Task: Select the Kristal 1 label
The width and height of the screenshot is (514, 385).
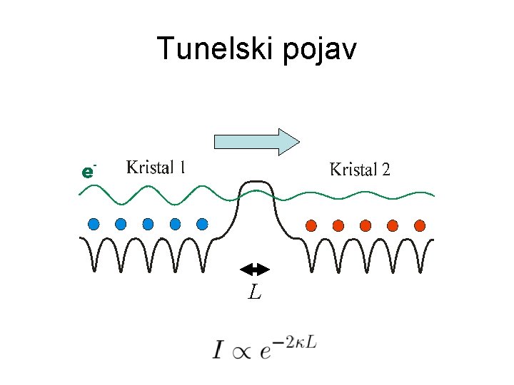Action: [x=156, y=168]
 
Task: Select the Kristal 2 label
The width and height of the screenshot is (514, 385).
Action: [x=359, y=170]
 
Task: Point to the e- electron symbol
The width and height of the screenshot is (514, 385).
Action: [x=87, y=172]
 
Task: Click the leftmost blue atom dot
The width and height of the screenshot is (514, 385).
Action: [x=94, y=224]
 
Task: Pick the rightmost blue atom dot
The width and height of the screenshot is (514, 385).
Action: [x=202, y=224]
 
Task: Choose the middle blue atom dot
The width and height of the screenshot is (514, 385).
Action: [x=148, y=224]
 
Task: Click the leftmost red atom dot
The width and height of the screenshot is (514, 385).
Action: [x=311, y=225]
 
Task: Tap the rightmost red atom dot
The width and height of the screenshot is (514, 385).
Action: [x=420, y=225]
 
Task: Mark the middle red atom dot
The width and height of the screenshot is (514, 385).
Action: [x=366, y=225]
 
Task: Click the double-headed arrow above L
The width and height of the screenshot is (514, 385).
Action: [x=254, y=269]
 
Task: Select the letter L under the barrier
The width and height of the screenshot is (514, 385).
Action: [x=254, y=291]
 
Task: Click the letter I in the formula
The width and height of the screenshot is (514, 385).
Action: [x=218, y=350]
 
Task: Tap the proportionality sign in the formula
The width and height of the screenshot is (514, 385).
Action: [x=240, y=352]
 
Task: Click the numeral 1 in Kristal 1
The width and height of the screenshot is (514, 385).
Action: [x=183, y=168]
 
